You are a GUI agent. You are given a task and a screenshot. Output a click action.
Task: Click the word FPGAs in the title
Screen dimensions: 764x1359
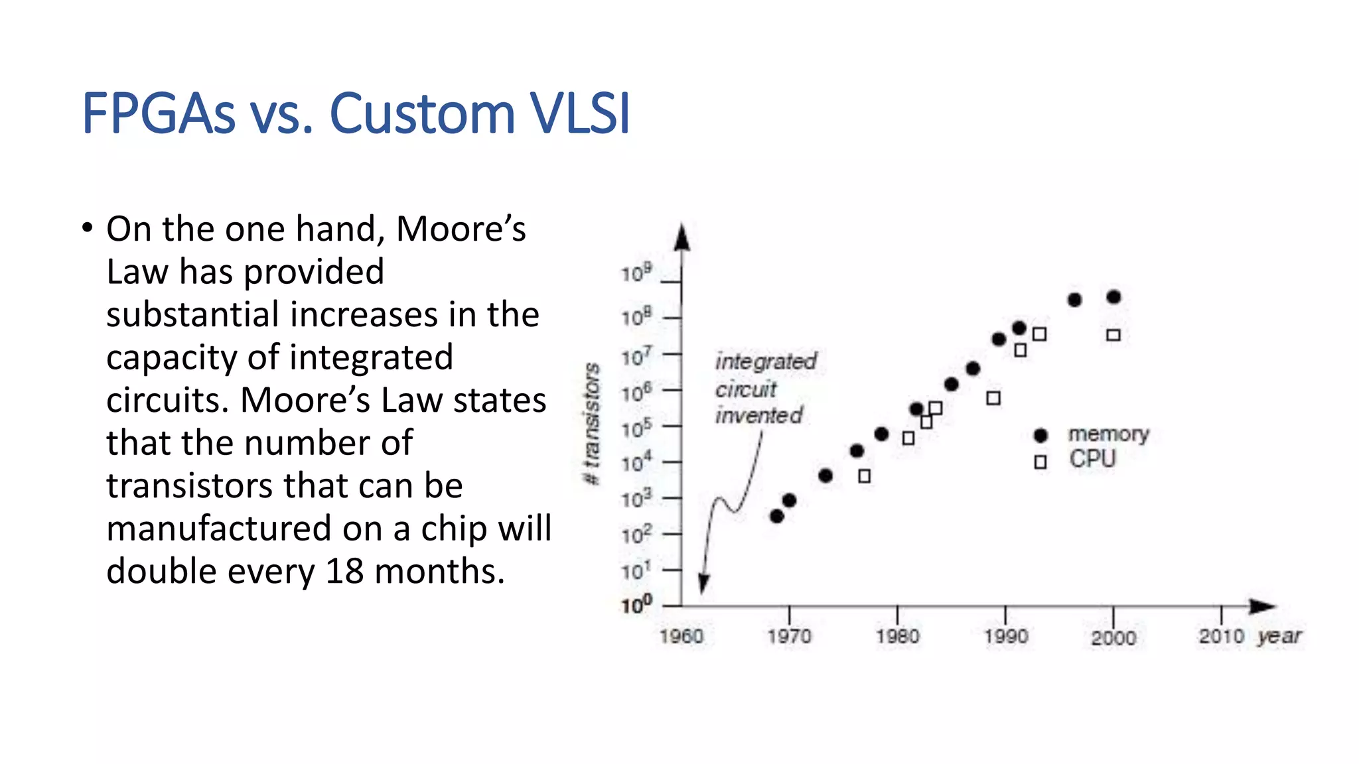click(158, 114)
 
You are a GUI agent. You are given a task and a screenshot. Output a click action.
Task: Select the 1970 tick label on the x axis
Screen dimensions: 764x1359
click(789, 637)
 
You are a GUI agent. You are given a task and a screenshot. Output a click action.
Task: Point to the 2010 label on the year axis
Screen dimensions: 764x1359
click(1221, 637)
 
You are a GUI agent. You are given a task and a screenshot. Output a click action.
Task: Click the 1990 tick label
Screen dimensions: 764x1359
click(1006, 637)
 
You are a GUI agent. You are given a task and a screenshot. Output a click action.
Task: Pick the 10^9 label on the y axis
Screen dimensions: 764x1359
click(636, 273)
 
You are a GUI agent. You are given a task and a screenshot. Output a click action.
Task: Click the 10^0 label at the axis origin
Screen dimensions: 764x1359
click(636, 605)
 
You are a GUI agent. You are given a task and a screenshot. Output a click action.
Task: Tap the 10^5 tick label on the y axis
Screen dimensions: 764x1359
click(636, 428)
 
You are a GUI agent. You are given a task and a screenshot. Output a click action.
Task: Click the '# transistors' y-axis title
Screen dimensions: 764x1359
click(591, 424)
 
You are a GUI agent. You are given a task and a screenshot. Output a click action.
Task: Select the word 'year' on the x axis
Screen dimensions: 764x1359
click(1279, 637)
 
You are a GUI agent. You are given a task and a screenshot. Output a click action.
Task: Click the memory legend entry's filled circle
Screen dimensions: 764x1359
click(1040, 436)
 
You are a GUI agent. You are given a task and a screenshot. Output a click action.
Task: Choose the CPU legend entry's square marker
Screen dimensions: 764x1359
click(1040, 462)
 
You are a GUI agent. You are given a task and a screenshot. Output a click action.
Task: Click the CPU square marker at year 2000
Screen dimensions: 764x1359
click(1113, 335)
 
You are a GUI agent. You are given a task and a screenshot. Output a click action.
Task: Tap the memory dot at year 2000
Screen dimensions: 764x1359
click(1114, 297)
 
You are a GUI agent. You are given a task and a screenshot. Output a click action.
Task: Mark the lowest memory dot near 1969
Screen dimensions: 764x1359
click(777, 516)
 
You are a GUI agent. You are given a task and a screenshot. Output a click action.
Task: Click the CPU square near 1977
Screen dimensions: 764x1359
click(864, 476)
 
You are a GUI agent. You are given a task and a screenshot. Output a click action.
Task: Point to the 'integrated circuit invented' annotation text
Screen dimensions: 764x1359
click(764, 389)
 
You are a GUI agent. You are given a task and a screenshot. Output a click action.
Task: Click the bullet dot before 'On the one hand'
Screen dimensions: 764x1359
click(87, 229)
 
